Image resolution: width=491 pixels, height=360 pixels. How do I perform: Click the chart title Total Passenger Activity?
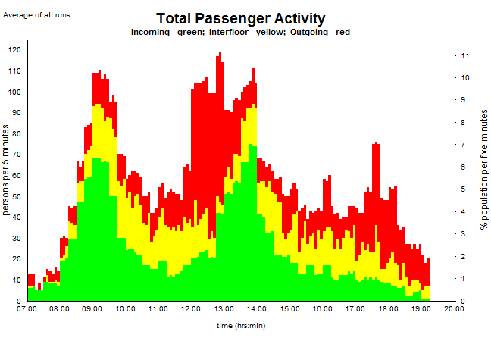click(x=240, y=19)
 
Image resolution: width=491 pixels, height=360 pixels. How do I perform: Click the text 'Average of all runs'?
click(x=37, y=14)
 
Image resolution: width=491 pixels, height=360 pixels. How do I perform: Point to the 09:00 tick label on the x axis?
click(x=92, y=309)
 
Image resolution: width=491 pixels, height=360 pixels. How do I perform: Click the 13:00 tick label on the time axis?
click(x=224, y=309)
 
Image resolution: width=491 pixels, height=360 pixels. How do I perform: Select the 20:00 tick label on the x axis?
click(x=454, y=309)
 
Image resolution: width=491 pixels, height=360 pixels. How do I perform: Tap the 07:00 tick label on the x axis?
click(x=27, y=309)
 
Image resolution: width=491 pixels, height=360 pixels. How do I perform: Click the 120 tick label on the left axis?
click(x=15, y=50)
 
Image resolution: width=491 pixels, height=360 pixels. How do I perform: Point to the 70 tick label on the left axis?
click(x=17, y=155)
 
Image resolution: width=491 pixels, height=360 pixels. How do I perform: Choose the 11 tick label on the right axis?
click(x=466, y=55)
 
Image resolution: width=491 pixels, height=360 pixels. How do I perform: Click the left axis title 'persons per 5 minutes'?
click(x=6, y=171)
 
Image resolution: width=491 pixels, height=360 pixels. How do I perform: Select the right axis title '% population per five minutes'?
click(x=483, y=168)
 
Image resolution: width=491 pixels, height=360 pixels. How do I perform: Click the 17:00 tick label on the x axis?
click(x=355, y=309)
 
